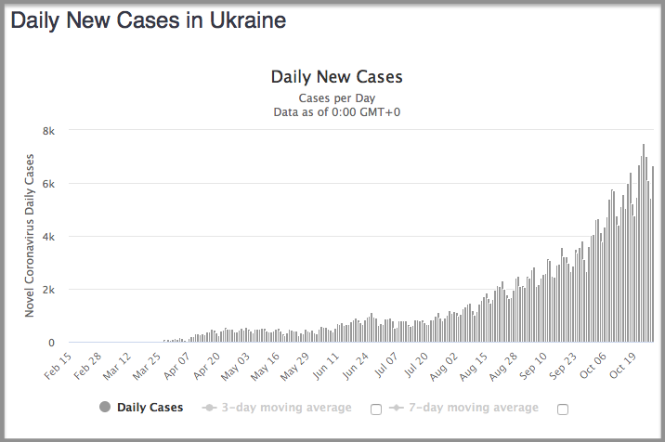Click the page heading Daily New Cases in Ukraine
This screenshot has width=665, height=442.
[148, 20]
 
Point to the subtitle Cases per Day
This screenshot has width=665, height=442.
[336, 97]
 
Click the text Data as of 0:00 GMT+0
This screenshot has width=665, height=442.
[336, 112]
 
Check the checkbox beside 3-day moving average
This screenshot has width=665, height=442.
[376, 409]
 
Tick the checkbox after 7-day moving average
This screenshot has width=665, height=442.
[563, 409]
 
